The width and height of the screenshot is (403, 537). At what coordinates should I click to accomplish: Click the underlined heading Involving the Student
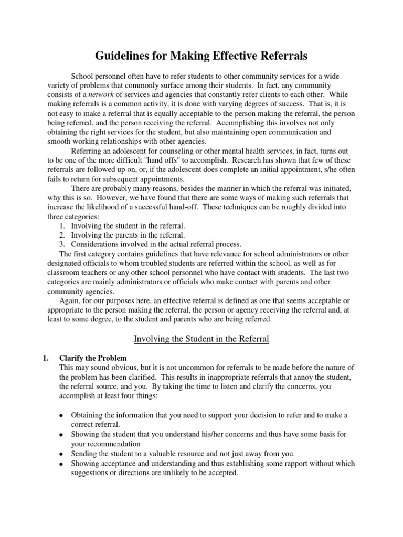click(x=201, y=339)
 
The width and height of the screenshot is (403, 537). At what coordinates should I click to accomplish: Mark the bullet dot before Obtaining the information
click(x=61, y=416)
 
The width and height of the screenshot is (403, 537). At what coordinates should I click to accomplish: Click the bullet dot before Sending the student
click(x=61, y=454)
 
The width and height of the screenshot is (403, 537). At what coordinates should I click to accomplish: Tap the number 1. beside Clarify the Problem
click(x=45, y=359)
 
